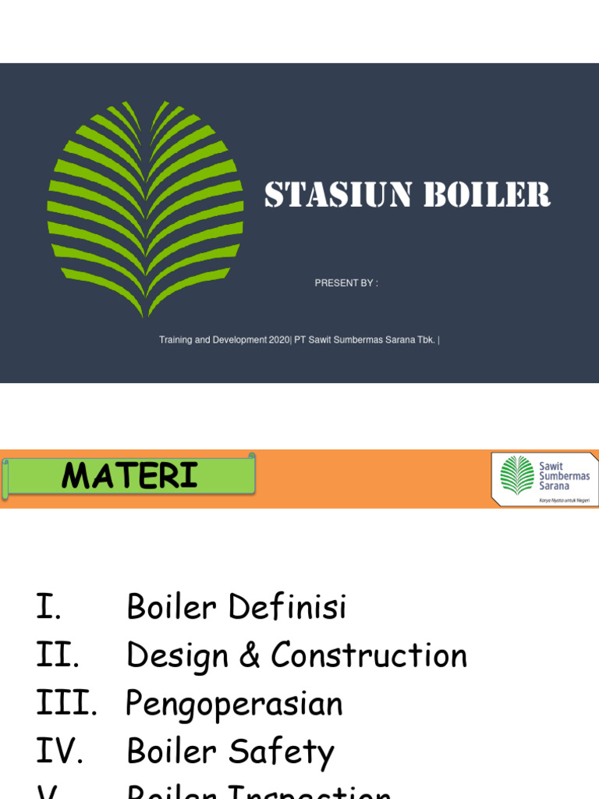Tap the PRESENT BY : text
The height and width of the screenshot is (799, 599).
click(x=346, y=283)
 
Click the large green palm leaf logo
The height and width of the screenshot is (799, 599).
click(x=145, y=208)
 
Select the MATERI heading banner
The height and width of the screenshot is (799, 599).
click(x=129, y=475)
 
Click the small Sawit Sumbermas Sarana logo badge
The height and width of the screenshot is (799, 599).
click(x=544, y=478)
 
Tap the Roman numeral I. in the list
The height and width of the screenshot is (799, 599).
click(x=49, y=607)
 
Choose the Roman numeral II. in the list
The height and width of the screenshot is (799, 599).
click(x=58, y=655)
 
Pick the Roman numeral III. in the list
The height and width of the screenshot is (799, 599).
click(x=66, y=704)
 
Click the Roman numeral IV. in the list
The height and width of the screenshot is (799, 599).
click(x=60, y=752)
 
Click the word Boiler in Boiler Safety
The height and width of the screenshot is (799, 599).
click(x=172, y=752)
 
